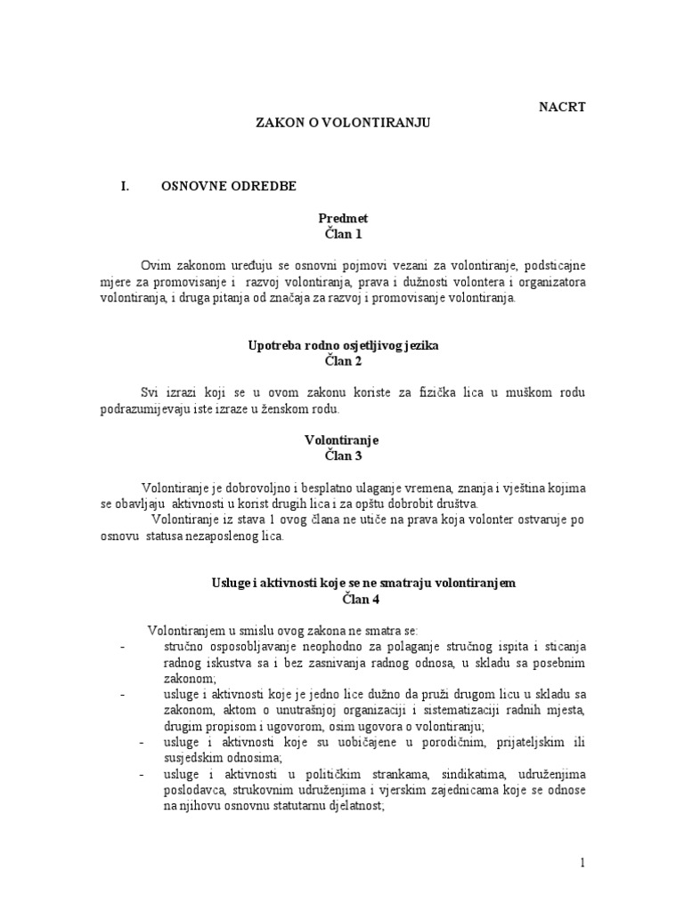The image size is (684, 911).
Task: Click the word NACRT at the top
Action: (x=562, y=108)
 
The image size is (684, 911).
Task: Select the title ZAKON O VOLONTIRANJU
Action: (x=343, y=125)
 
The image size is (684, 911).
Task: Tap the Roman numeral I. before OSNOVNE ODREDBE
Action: (x=125, y=186)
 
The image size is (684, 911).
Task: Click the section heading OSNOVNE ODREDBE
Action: (x=229, y=186)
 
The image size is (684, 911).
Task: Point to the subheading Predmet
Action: (x=343, y=217)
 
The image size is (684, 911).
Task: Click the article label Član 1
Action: (x=343, y=234)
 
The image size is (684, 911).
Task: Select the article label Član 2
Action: (x=343, y=362)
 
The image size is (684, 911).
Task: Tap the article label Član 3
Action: (x=343, y=455)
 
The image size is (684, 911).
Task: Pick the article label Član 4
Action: (x=343, y=599)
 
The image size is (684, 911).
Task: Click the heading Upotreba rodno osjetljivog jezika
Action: (x=343, y=345)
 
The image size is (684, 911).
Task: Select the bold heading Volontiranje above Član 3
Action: (x=343, y=439)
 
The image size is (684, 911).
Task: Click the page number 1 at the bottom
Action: (x=581, y=864)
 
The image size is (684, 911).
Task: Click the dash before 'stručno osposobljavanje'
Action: (x=123, y=646)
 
